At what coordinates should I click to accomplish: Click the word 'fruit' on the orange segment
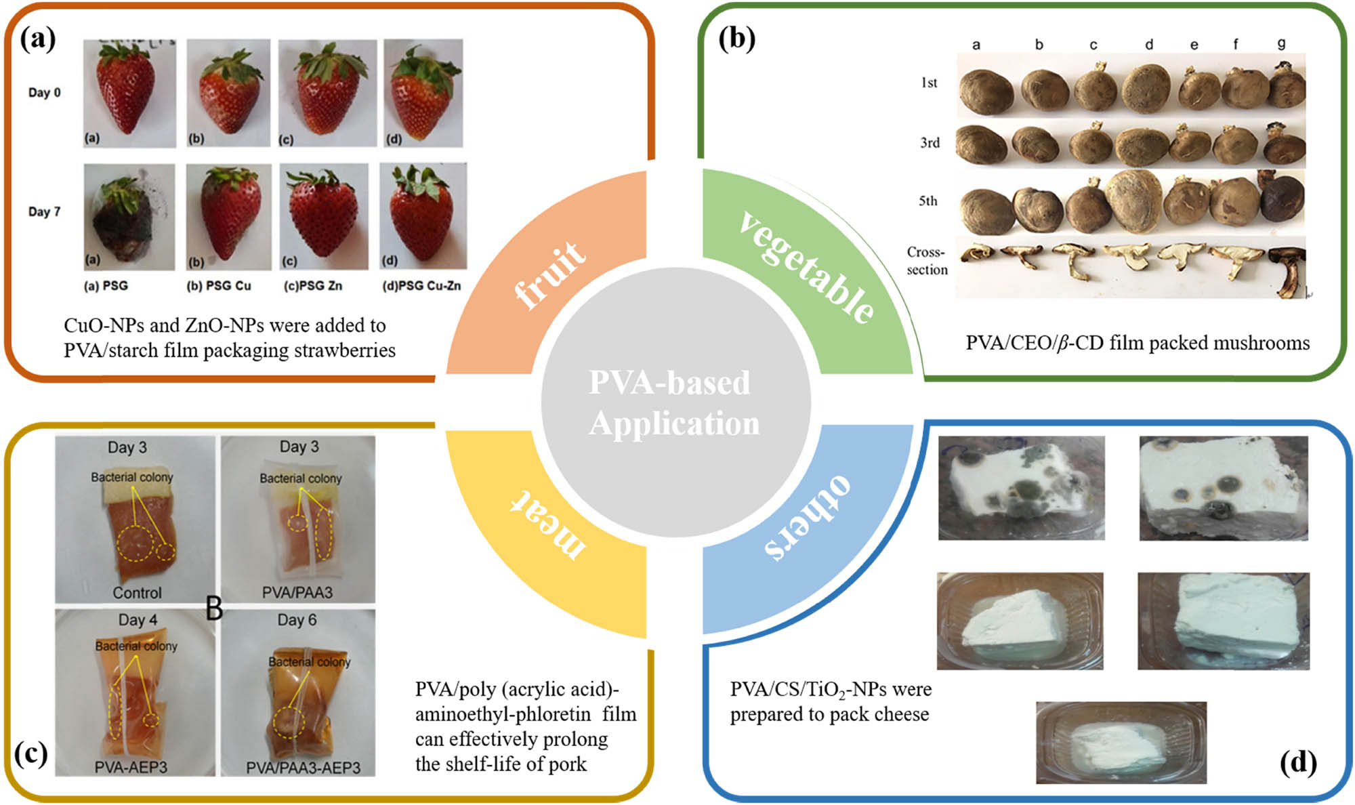pos(549,275)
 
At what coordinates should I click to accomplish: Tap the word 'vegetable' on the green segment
pos(806,268)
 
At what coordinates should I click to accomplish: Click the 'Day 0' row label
pos(44,93)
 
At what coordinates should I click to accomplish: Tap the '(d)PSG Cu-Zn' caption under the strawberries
pos(421,286)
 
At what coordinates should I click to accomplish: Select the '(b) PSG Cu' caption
pos(218,286)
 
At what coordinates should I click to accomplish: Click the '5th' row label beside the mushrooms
pos(927,201)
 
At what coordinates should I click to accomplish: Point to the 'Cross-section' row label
pos(927,261)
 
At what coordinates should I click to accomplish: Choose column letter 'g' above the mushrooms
pos(1280,43)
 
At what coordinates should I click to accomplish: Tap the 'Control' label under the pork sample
pos(137,593)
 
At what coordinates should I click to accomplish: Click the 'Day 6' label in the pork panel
pos(297,620)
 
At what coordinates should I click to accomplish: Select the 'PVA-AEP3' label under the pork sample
pos(131,767)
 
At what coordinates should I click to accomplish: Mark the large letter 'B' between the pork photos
pos(214,608)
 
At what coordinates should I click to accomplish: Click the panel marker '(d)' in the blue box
pos(1297,762)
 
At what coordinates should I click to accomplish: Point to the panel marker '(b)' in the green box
pos(736,39)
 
